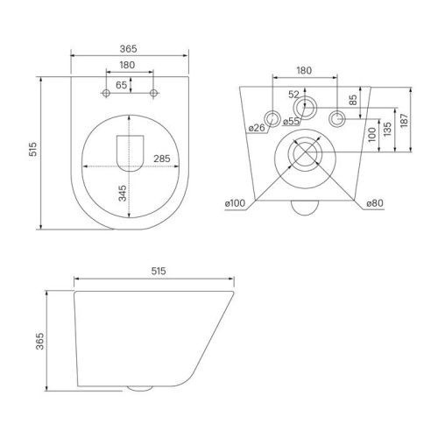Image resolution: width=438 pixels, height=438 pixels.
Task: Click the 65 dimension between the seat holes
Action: coord(121,84)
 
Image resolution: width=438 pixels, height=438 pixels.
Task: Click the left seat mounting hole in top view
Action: coord(106,93)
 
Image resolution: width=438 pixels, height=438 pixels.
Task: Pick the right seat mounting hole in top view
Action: coord(154,93)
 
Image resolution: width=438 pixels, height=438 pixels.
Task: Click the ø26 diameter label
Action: coord(257,128)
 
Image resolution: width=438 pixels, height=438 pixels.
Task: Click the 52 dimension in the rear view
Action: coord(293,95)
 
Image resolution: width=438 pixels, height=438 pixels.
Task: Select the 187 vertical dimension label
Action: coord(405,119)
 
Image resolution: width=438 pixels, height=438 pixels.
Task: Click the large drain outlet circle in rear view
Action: coord(303,155)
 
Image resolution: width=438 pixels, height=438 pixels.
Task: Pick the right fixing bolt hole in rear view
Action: coord(336,118)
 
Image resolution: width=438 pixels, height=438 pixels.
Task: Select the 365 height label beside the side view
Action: coord(40,341)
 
